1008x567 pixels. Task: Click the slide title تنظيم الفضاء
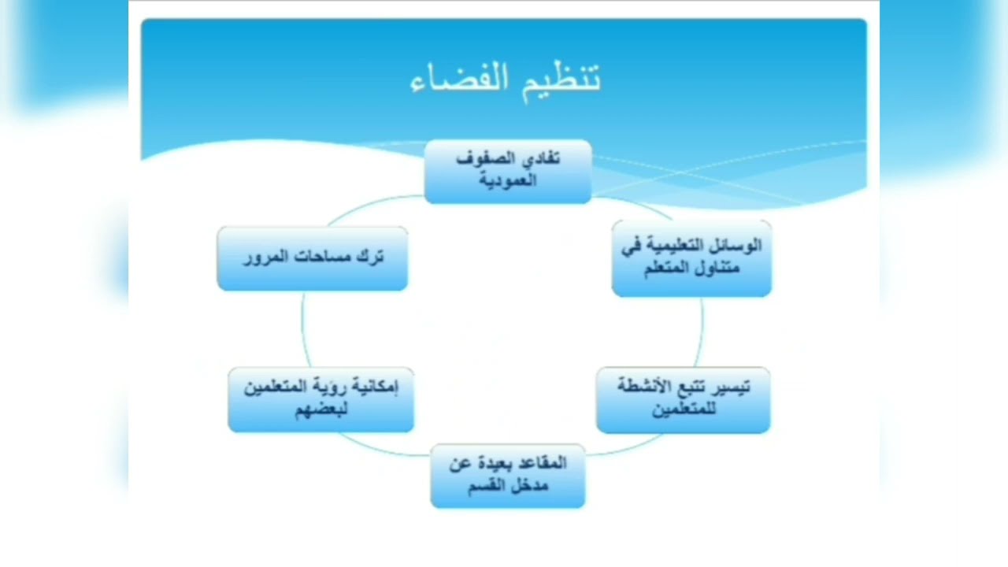[x=506, y=79]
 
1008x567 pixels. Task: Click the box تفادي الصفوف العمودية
[x=508, y=172]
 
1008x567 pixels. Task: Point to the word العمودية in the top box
[x=508, y=180]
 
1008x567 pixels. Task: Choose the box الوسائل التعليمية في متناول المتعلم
[x=691, y=258]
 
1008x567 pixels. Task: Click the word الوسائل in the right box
[x=736, y=246]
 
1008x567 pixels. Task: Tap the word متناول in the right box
[x=716, y=268]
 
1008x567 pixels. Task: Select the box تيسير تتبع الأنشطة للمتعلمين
[x=683, y=399]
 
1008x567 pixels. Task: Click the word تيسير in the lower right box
[x=730, y=387]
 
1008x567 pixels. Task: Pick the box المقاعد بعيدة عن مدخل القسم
[x=508, y=476]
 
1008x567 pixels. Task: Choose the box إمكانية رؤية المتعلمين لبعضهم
[x=321, y=399]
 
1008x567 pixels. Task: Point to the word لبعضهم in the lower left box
[x=321, y=409]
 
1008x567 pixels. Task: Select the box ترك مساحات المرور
[x=313, y=258]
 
